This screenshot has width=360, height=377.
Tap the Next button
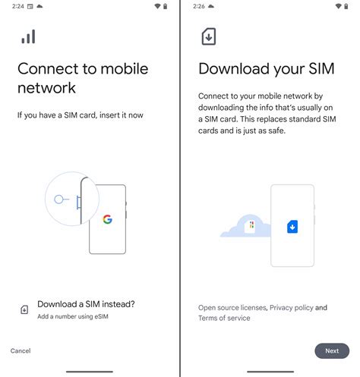(x=332, y=350)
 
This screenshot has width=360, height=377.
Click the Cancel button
(x=21, y=350)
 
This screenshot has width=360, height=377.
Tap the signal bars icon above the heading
(x=28, y=36)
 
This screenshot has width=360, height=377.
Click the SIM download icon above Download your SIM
(x=207, y=36)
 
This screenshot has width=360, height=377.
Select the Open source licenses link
(x=232, y=308)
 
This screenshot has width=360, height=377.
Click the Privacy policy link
(x=292, y=308)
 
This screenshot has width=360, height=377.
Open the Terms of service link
(x=224, y=318)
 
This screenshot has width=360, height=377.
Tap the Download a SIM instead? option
(x=86, y=304)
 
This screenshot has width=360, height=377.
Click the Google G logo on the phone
(x=107, y=220)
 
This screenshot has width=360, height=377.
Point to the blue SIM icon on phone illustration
(x=292, y=226)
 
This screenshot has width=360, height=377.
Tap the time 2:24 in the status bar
(x=17, y=6)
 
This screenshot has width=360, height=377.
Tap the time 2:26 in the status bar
(x=197, y=6)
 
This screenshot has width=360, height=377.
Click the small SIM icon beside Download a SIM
(x=24, y=309)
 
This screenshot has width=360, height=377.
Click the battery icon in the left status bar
(x=166, y=6)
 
